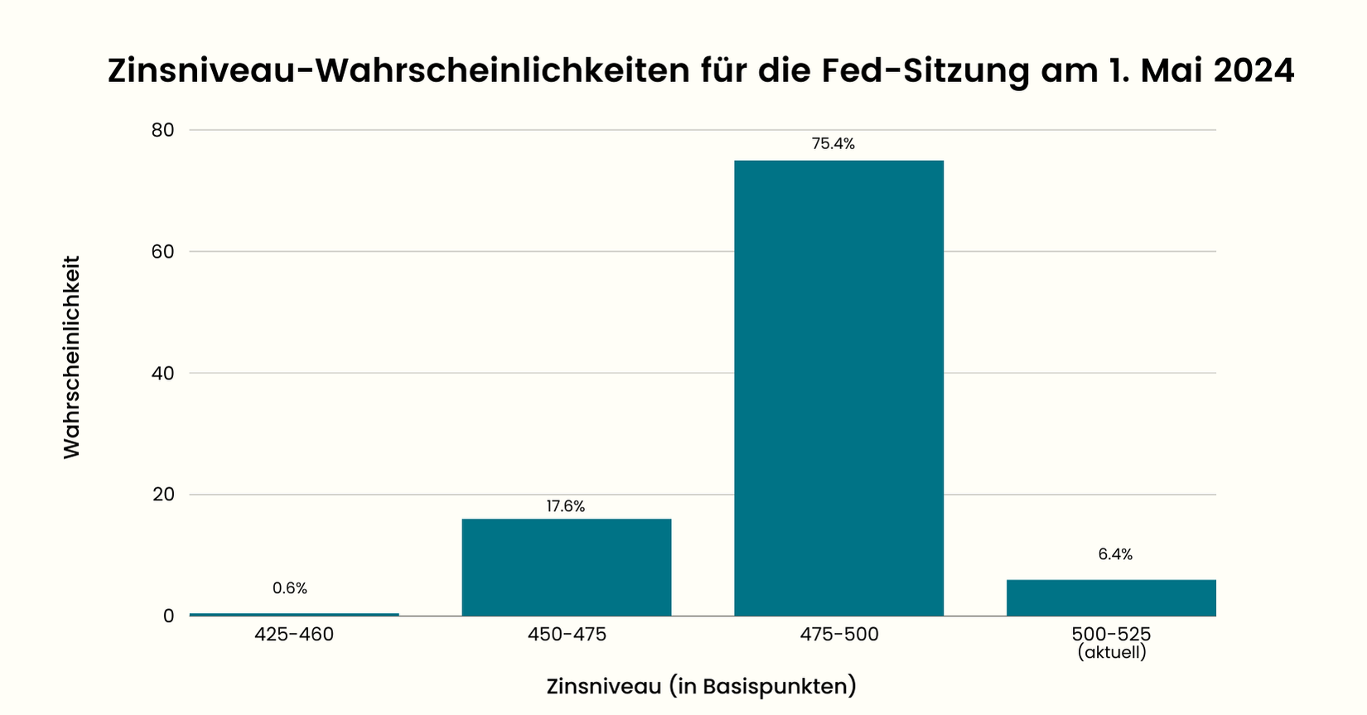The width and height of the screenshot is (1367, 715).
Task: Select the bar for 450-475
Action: [566, 568]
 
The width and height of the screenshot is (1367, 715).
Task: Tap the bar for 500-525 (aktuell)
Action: [1111, 598]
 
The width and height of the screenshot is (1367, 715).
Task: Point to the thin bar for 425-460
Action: [294, 614]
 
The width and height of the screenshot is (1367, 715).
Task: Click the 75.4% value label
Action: [833, 144]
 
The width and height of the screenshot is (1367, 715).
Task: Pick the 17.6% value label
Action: [566, 506]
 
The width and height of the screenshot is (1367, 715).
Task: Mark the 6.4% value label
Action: [1115, 554]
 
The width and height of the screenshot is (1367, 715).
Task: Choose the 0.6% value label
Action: [290, 588]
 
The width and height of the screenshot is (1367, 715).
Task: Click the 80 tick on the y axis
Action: [163, 130]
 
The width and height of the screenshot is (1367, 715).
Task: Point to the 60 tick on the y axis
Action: [163, 252]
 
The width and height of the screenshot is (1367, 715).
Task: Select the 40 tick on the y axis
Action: [163, 373]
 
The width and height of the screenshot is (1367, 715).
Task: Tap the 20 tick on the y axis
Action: [163, 495]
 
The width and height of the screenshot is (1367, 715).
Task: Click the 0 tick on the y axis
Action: [169, 616]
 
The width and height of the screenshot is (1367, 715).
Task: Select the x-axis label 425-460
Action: [294, 635]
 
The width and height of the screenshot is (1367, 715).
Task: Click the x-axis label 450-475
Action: [567, 635]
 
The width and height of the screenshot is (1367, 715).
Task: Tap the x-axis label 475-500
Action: [839, 635]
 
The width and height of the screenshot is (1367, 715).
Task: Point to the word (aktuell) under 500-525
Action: [1112, 653]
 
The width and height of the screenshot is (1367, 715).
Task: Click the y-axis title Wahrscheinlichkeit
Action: [73, 356]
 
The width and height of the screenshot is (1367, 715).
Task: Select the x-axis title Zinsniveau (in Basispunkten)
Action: [701, 687]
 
